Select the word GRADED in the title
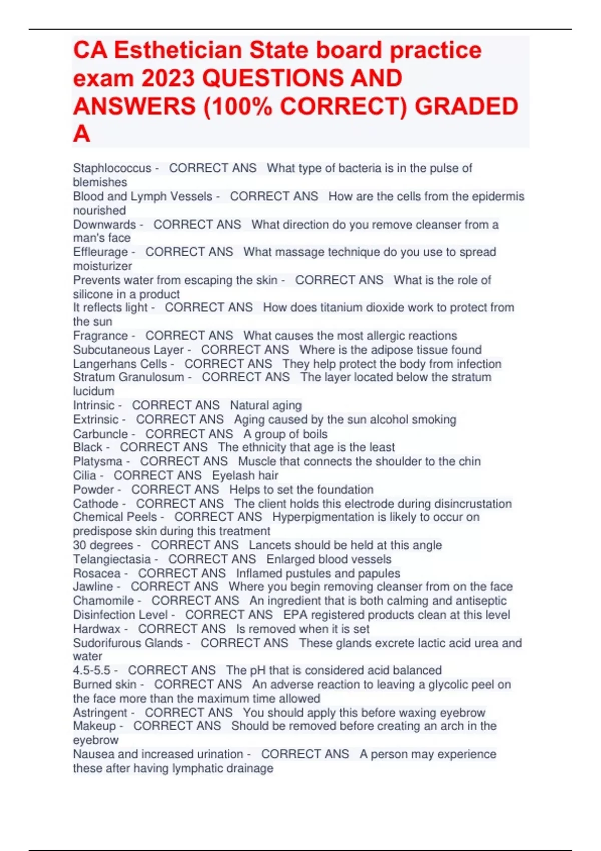(467, 106)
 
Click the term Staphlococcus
(112, 168)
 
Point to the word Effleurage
(100, 252)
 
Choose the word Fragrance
(100, 336)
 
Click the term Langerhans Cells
(120, 364)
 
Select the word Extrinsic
(96, 419)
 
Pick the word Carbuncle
(100, 434)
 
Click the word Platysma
(98, 461)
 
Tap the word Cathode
(96, 503)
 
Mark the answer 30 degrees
(103, 545)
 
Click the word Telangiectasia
(112, 559)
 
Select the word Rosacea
(97, 573)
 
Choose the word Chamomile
(103, 601)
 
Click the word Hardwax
(97, 629)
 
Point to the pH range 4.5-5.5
(92, 670)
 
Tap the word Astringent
(100, 712)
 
